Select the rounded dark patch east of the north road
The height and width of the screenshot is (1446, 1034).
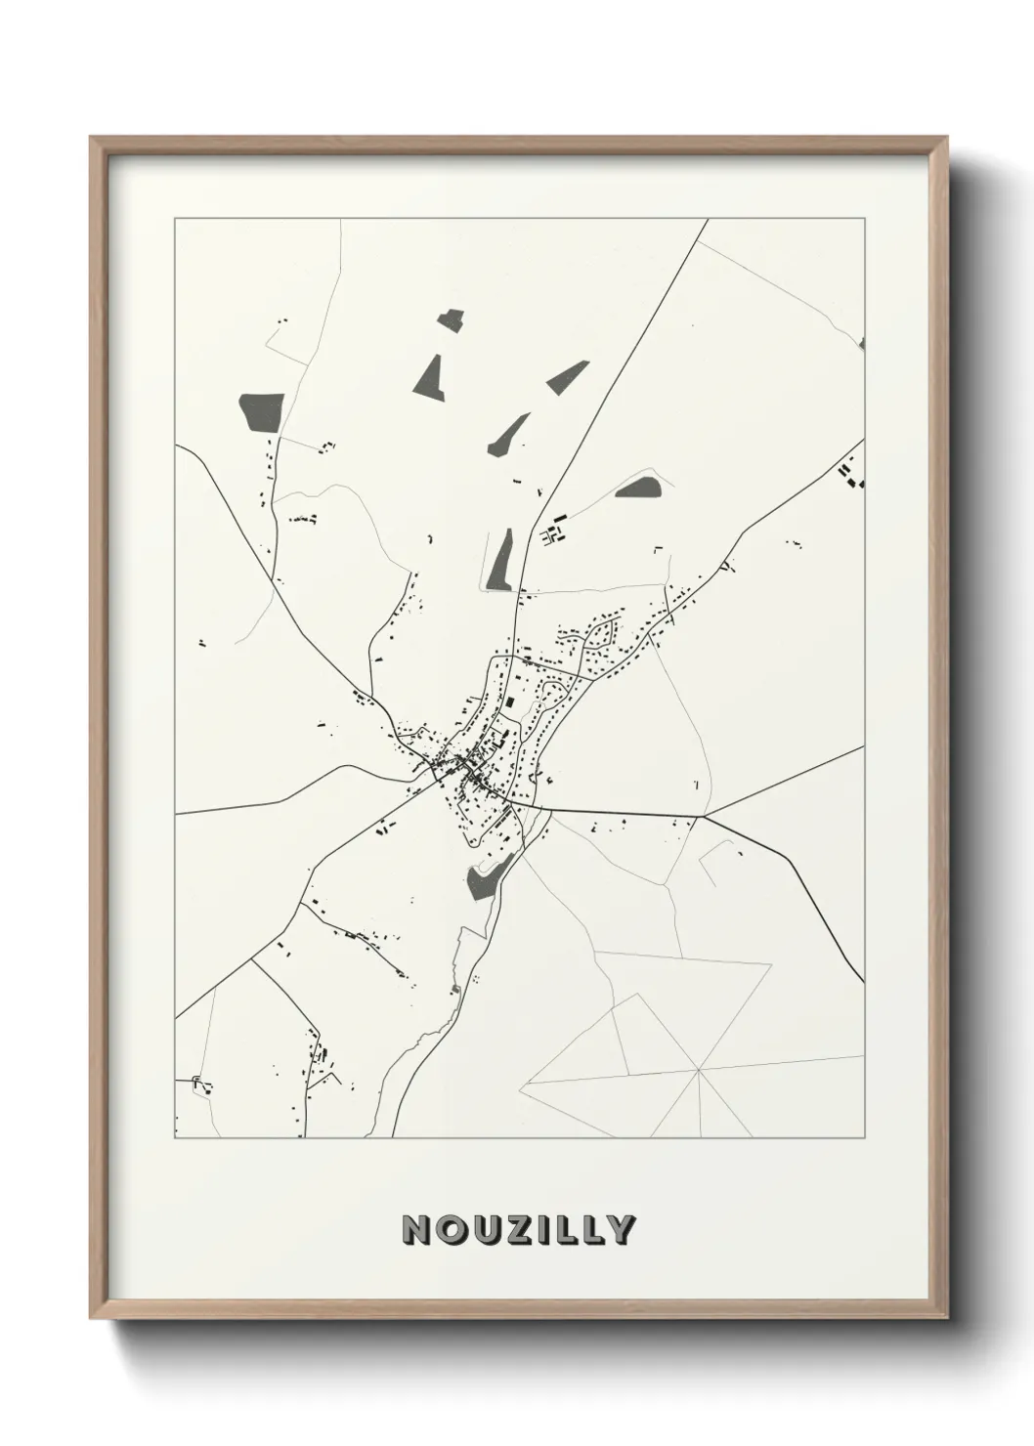click(639, 486)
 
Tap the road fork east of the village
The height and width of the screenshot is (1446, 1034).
click(703, 816)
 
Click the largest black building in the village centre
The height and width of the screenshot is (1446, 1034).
click(508, 702)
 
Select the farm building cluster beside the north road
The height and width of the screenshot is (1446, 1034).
click(554, 532)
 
